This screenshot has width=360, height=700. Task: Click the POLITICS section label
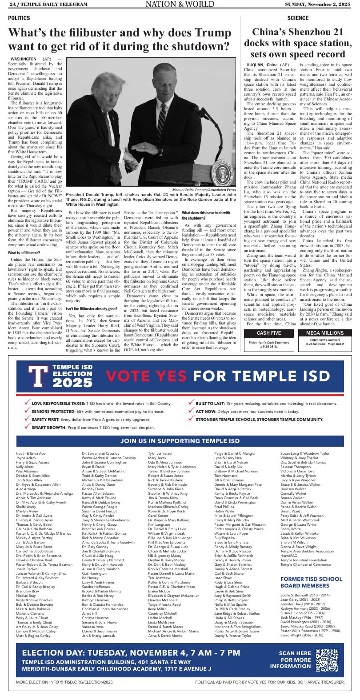pos(19,18)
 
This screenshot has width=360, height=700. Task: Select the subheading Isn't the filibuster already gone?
pos(92,308)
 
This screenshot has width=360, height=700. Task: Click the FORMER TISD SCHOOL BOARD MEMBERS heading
pos(311,582)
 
